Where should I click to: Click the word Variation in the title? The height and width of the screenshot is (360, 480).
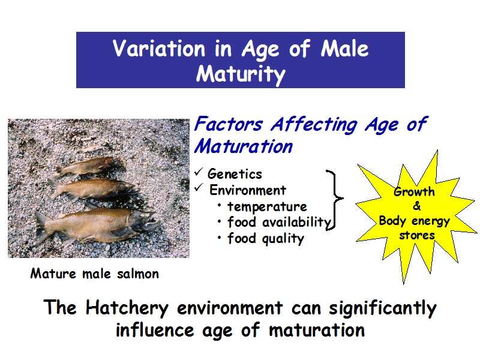pos(159,48)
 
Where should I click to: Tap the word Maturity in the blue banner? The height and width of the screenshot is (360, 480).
pos(241,74)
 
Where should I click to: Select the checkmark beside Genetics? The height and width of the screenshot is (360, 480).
pos(199,172)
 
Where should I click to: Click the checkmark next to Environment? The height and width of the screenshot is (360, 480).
pos(199,188)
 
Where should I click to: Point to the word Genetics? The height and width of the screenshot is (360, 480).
pos(235,174)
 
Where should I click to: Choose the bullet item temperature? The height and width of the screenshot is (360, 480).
pos(267,206)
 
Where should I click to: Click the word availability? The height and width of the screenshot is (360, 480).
pos(296,222)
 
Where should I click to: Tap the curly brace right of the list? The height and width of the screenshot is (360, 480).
pos(335,199)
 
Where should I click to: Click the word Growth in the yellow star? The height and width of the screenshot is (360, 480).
pos(414,192)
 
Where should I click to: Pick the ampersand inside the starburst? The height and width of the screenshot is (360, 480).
pos(416,206)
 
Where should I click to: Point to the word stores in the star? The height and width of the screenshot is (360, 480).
pos(416,235)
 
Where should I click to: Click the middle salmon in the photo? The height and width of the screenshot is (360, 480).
pos(92,188)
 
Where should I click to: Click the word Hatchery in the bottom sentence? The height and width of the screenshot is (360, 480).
pos(127,308)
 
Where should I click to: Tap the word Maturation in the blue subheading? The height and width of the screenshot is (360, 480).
pos(244,146)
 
